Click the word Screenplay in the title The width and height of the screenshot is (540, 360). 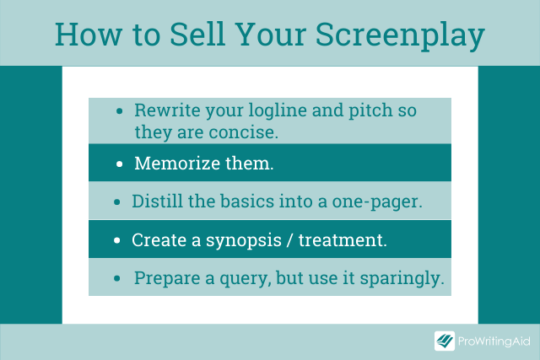400,36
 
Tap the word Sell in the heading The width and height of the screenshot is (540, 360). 197,34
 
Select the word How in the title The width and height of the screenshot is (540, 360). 89,34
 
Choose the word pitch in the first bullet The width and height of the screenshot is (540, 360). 370,111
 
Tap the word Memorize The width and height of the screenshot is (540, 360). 177,163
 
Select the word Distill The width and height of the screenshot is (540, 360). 157,201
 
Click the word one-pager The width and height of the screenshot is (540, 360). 377,202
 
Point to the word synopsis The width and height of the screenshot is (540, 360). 244,241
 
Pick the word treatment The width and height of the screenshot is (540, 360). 343,240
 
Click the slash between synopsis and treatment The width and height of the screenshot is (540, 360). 290,240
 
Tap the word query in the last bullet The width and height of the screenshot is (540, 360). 243,279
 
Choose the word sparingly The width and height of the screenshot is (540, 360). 402,279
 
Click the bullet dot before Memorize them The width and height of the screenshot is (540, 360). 120,164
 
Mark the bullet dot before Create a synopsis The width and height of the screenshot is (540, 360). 117,240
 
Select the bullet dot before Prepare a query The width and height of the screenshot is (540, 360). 117,278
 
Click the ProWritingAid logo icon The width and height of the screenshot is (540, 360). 445,341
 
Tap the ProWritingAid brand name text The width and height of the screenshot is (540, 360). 494,341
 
